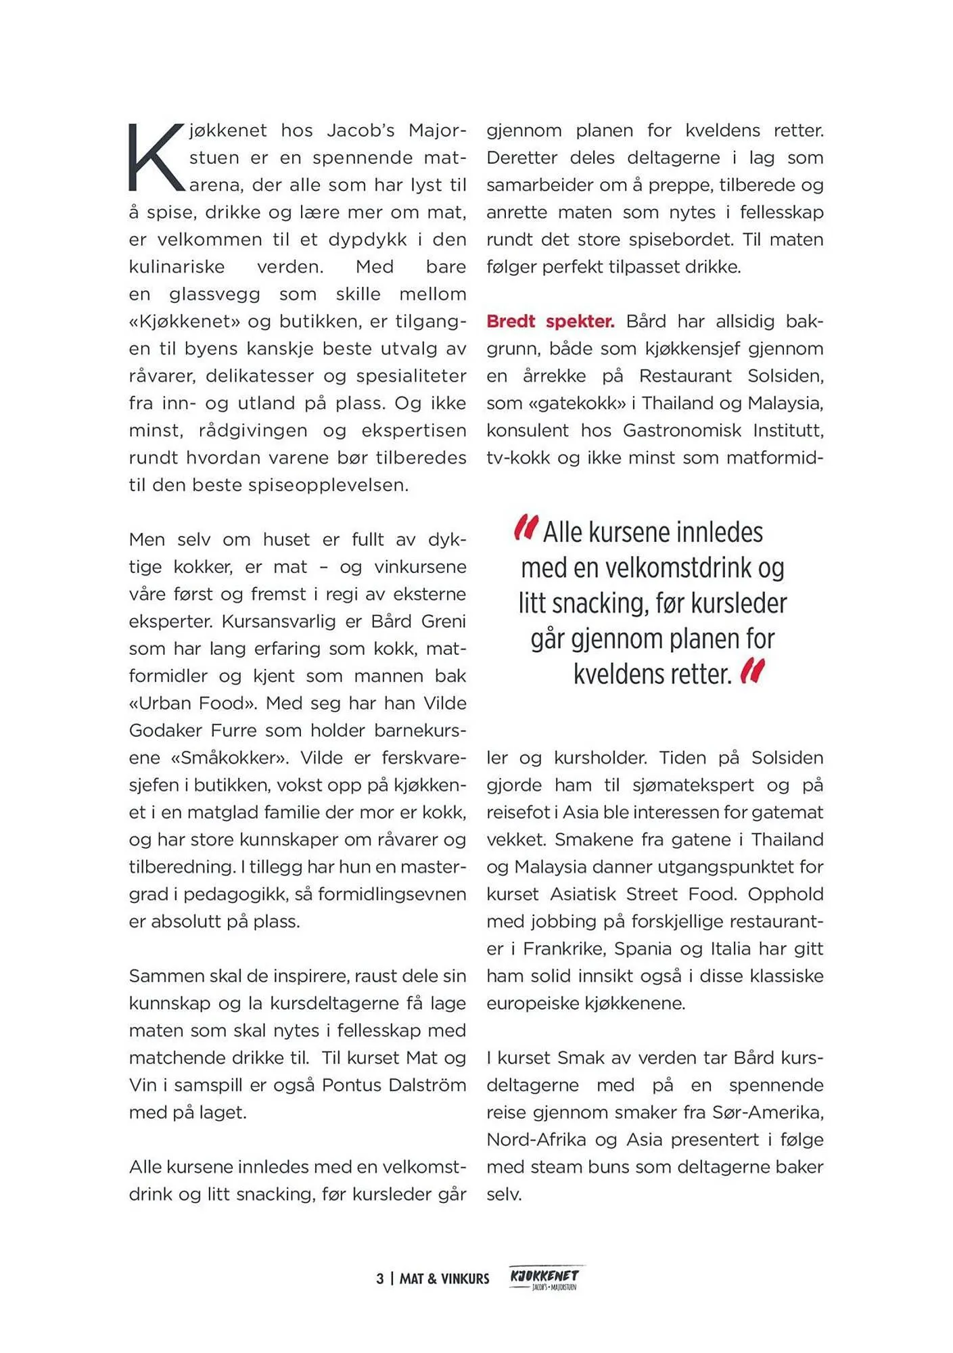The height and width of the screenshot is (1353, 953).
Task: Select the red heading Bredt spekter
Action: tap(550, 321)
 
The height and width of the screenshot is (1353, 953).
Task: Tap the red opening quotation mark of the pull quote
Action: tap(526, 528)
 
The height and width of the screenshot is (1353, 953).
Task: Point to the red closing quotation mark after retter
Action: tap(752, 671)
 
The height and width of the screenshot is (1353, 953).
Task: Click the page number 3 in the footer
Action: tap(380, 1279)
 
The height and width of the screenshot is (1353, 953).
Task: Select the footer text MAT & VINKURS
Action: tap(444, 1279)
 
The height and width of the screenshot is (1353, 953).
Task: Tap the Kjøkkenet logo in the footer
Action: tap(545, 1277)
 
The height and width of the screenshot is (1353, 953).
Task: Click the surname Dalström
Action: tap(427, 1085)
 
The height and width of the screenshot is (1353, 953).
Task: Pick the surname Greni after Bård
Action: tap(443, 621)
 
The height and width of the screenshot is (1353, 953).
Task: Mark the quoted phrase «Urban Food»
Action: tap(193, 704)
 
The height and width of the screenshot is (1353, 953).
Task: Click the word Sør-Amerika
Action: tap(768, 1112)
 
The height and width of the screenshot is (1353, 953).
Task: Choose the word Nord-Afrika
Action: tap(536, 1140)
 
